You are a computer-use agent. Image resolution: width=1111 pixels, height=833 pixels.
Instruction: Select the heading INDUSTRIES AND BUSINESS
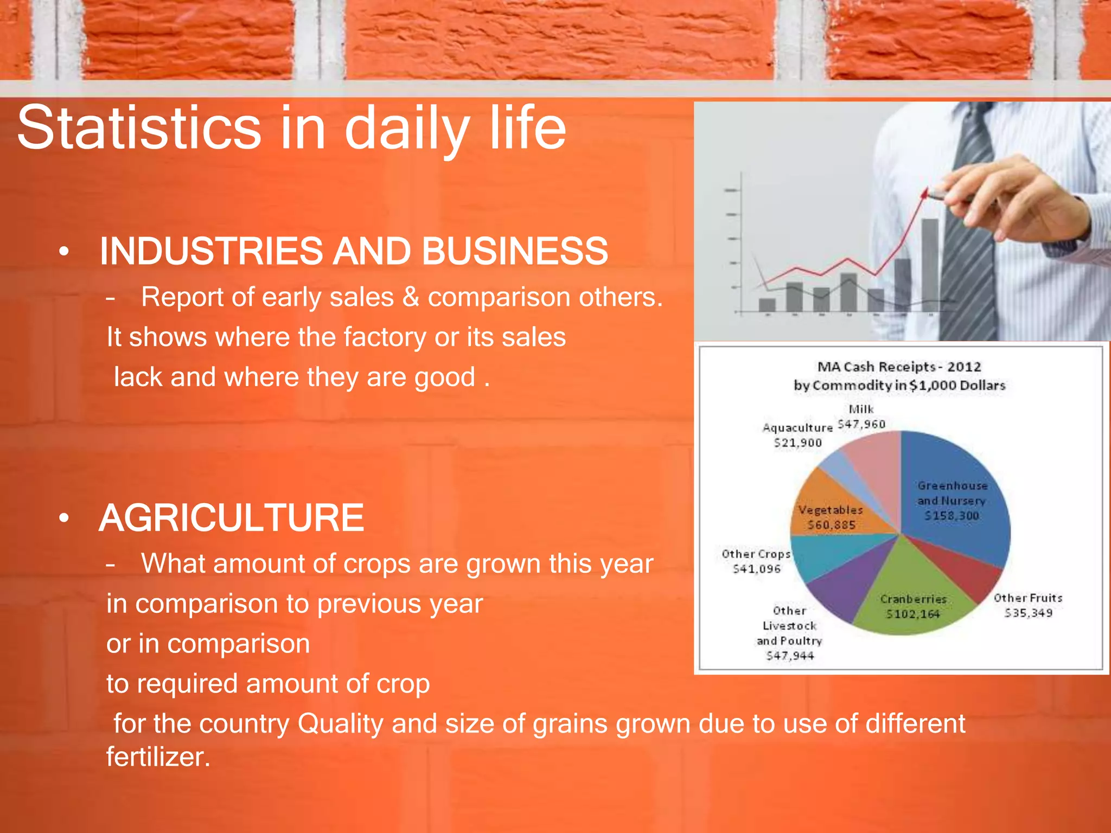pos(354,251)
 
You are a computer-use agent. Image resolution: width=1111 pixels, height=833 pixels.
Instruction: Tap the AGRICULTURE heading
pos(231,518)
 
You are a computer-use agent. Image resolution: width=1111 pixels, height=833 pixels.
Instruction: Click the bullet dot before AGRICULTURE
pos(64,518)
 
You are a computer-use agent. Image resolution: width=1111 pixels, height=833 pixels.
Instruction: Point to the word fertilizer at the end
pos(157,757)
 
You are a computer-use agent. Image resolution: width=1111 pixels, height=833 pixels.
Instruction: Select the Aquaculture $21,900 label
pos(797,435)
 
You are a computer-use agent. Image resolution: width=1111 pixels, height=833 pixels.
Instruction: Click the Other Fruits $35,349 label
pos(1028,605)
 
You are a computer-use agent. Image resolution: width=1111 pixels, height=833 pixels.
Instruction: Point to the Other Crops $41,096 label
pos(756,561)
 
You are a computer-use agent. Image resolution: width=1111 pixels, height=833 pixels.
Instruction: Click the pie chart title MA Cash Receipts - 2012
pos(899,367)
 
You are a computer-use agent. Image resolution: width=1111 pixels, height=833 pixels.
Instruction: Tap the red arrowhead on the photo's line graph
pos(925,193)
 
